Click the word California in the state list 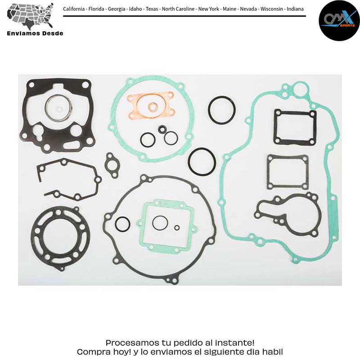(74, 9)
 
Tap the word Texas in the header (152, 9)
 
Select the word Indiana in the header (295, 9)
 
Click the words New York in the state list (209, 9)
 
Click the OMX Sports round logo (339, 21)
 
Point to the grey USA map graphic (30, 16)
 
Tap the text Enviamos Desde (35, 33)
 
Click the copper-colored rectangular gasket (151, 105)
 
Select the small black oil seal (162, 129)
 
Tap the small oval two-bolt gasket (111, 166)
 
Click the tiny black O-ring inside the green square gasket (177, 228)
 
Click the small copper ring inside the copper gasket (153, 107)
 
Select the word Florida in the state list (96, 9)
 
